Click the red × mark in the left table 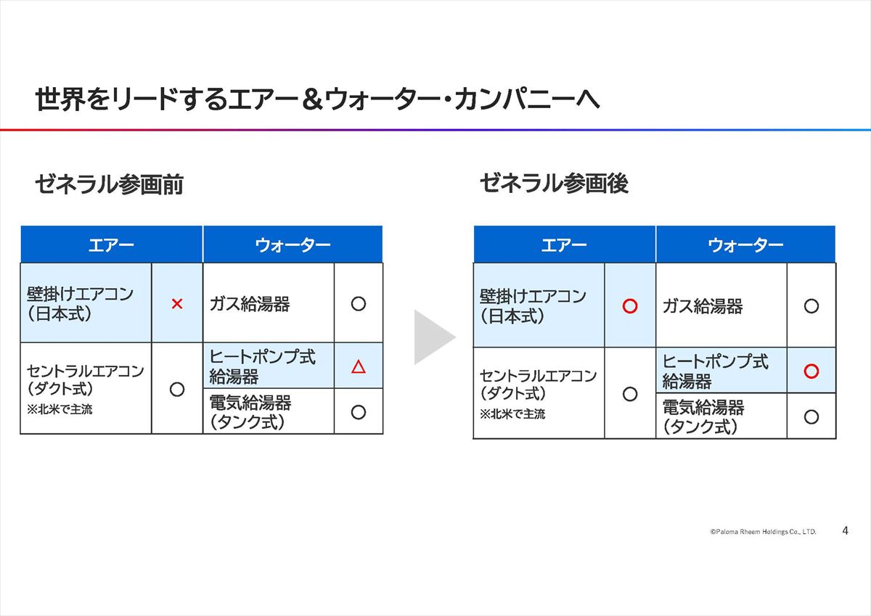tap(177, 303)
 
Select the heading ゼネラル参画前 tap(110, 184)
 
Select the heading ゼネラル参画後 tap(554, 184)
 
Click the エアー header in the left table tap(111, 245)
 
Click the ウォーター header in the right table tap(745, 245)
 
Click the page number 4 tap(845, 530)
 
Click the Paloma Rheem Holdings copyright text tap(763, 532)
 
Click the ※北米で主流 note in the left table tap(60, 409)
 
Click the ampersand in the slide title tap(312, 99)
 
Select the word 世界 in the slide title tap(60, 99)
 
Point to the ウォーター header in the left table tap(293, 245)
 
